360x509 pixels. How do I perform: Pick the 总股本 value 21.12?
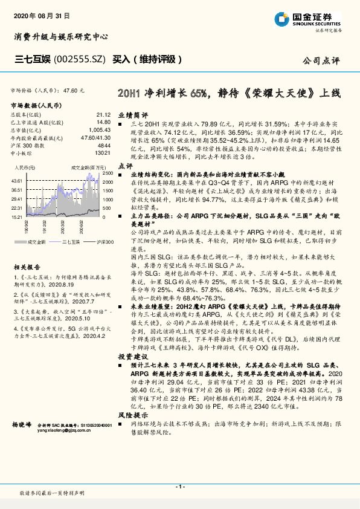[103, 114]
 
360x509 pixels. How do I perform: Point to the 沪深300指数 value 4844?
[103, 146]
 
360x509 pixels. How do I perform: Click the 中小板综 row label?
[21, 154]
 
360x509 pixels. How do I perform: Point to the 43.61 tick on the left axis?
[17, 181]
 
